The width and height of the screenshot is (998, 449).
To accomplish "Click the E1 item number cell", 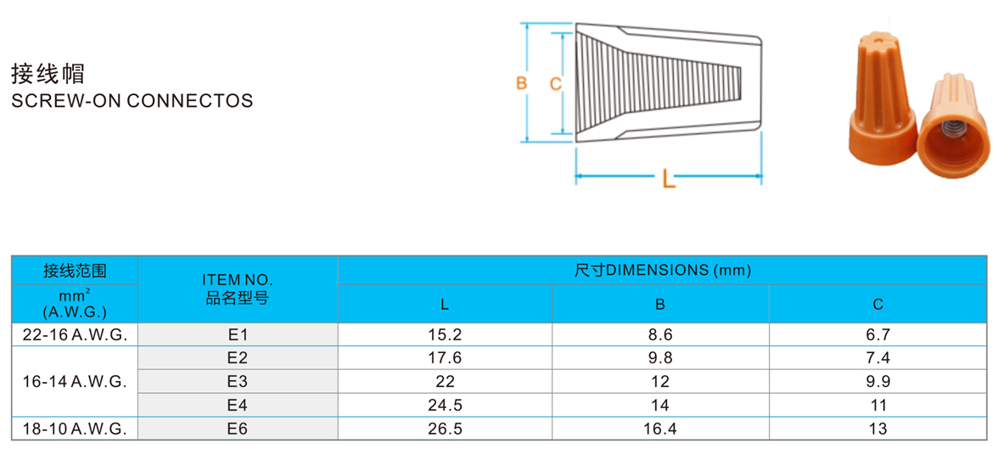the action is (237, 335).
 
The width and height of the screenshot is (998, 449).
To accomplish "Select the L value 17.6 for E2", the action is (445, 358).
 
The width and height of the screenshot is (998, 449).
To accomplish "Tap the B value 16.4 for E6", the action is (660, 429).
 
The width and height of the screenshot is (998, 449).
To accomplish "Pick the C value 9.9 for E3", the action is (877, 382).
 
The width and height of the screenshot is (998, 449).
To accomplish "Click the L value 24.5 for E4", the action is (445, 406).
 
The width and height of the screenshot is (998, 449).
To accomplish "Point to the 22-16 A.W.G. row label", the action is (75, 335).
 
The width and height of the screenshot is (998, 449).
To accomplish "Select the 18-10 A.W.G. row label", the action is (75, 429).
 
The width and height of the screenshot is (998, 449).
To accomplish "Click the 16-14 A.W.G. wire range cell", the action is (75, 382).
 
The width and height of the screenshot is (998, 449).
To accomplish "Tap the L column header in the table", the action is (445, 305).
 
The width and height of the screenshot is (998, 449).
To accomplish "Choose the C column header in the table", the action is (878, 305).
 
